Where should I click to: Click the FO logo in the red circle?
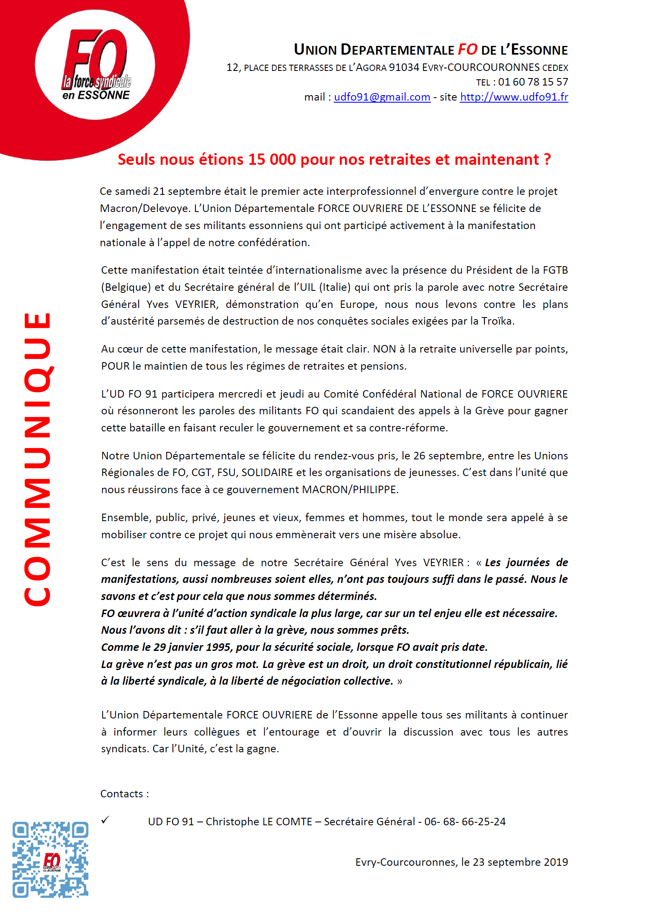95,65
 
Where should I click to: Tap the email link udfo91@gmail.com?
382,97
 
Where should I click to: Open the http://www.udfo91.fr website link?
514,97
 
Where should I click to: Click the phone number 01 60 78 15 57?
533,82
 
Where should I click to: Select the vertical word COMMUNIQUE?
38,459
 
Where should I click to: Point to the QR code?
50,860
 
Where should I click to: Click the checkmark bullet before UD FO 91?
105,820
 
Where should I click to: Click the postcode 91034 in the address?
403,68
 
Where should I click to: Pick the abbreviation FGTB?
555,270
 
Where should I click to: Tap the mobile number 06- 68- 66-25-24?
465,822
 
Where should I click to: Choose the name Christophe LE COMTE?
259,822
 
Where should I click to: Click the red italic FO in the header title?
467,50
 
